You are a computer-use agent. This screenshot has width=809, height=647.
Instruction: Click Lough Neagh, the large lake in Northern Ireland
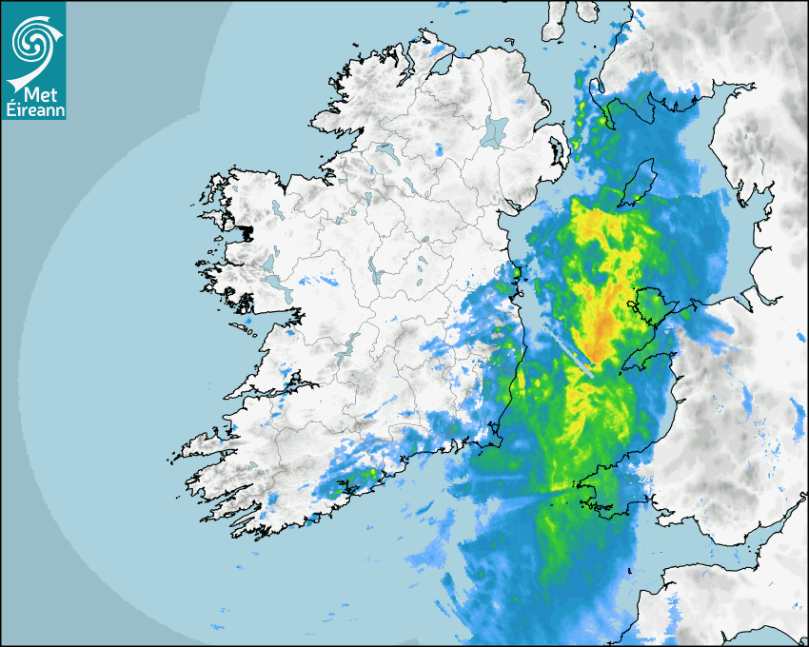[494, 130]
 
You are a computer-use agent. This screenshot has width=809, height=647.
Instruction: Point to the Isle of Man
[638, 183]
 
